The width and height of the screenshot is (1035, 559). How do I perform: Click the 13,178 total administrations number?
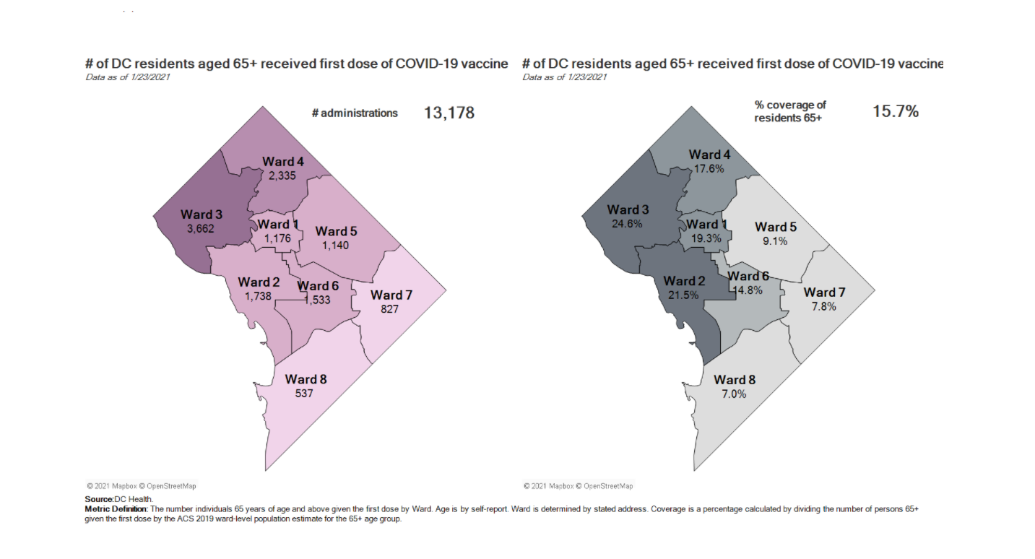(449, 113)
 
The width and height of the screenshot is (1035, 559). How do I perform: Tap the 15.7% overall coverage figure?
(896, 111)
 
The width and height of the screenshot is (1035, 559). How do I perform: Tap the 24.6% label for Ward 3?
(627, 224)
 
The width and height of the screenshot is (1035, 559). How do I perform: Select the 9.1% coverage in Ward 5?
(775, 241)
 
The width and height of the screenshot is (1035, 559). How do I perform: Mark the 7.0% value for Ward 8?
(734, 394)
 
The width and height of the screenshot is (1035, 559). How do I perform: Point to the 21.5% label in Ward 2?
(683, 295)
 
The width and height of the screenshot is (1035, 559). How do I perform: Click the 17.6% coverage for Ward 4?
(709, 168)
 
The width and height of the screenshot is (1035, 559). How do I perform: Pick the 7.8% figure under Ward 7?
(823, 306)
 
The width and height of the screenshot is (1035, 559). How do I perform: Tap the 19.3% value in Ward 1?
(702, 238)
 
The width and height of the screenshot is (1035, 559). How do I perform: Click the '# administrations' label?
(355, 113)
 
